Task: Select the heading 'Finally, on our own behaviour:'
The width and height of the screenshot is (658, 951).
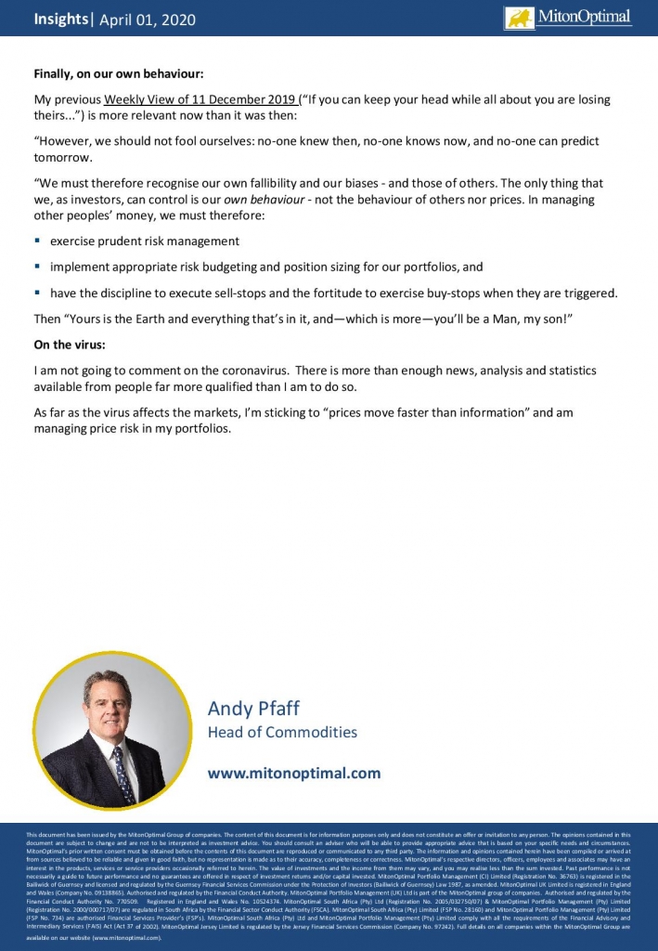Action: (x=118, y=73)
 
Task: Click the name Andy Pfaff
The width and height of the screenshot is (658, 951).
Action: (x=254, y=709)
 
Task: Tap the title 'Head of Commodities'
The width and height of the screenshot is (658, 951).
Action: (x=282, y=733)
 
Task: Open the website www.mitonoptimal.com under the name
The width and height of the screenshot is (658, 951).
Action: (x=294, y=773)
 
